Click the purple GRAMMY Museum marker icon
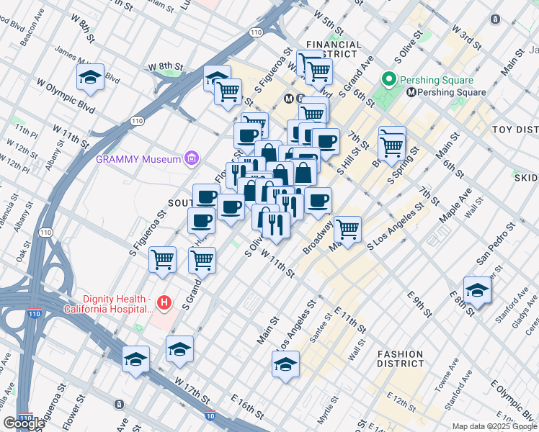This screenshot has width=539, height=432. pos(192,158)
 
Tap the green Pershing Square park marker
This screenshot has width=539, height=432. pos(390,79)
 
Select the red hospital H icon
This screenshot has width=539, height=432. pos(165,303)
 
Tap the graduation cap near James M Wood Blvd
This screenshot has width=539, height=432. pos(90,78)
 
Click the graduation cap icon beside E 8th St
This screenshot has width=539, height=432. pos(476,291)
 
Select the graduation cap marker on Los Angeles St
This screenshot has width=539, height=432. pos(286,364)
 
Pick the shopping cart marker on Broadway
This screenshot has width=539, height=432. pos(347,230)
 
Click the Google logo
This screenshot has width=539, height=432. pos(23,423)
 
